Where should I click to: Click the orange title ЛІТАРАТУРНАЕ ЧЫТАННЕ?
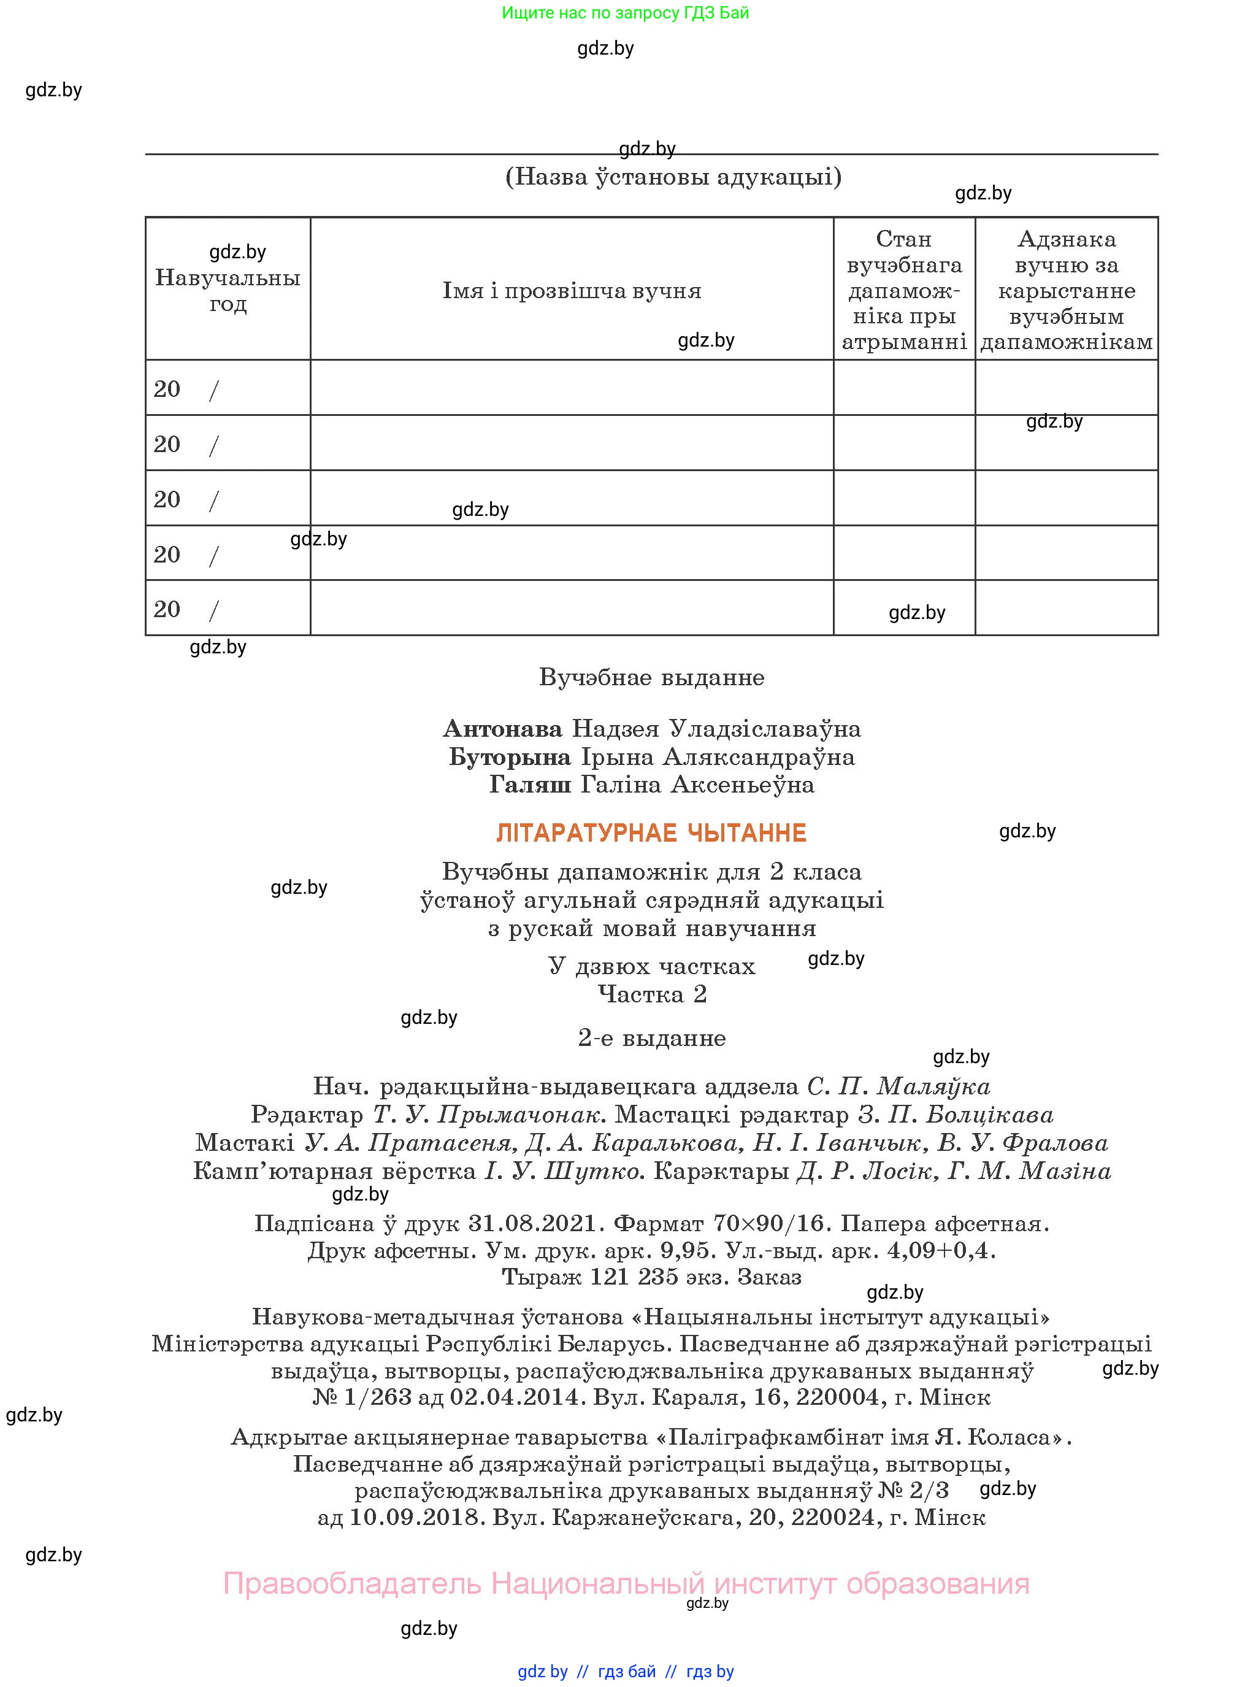(651, 833)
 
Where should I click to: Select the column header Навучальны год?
(228, 291)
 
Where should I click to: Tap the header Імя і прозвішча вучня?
(572, 291)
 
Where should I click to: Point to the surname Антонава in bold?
(502, 729)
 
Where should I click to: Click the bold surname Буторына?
(510, 757)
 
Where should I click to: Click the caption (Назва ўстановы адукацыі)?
(673, 177)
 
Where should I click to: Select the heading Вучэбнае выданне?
(651, 677)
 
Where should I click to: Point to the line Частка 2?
(651, 994)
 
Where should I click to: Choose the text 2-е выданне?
(651, 1038)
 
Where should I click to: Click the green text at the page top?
(625, 13)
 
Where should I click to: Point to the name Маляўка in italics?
(933, 1087)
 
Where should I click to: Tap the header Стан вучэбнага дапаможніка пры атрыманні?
(903, 291)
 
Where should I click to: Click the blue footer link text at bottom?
(626, 1672)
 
